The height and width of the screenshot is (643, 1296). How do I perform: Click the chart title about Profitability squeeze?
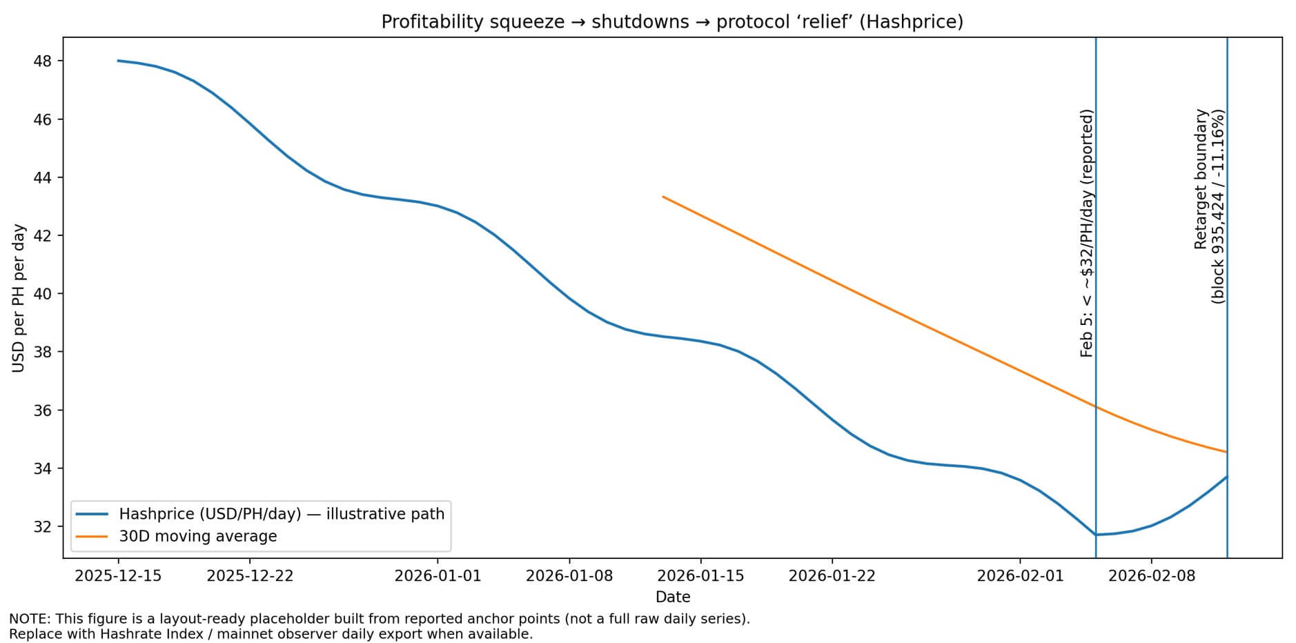pos(671,22)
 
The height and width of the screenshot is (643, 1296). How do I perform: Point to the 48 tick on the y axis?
pos(43,61)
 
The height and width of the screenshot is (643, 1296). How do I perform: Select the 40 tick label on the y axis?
pos(43,294)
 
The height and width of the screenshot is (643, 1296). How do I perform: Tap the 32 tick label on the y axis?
pos(43,526)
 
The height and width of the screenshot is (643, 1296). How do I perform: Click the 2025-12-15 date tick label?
pos(118,575)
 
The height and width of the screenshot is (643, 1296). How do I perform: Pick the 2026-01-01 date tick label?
pos(438,575)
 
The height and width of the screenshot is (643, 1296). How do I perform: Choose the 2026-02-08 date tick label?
pos(1151,575)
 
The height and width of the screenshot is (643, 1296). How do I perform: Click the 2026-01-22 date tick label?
pos(832,575)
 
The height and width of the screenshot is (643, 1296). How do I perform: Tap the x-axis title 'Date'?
pos(672,597)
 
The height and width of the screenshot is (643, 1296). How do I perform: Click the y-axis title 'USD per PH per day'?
pos(19,298)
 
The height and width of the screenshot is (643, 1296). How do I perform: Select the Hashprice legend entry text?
pos(282,514)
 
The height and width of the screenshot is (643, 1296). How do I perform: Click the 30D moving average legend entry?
pos(197,536)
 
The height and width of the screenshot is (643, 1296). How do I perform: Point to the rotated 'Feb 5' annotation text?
pos(1087,233)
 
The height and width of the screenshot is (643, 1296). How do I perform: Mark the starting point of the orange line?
pos(663,197)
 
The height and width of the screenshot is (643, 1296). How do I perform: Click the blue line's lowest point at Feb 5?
pos(1096,535)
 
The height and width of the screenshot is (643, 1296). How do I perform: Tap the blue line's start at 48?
pos(118,61)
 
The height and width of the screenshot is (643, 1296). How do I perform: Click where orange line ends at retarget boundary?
pos(1226,452)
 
